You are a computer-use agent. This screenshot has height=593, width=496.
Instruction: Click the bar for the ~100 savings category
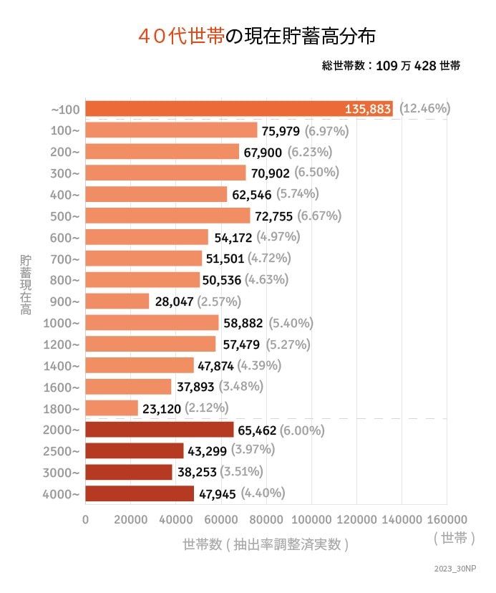coord(215,109)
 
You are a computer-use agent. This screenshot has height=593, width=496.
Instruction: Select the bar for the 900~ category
coord(117,302)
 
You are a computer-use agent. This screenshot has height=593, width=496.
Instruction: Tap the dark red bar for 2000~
coord(160,430)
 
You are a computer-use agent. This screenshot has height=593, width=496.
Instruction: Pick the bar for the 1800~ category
coord(112,408)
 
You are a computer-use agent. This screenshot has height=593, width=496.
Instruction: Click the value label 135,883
coord(368,109)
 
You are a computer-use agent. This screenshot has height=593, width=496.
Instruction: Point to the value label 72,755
coord(274,216)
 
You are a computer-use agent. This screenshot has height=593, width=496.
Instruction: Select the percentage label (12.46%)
coord(425,109)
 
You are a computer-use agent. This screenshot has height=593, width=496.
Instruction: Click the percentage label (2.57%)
coord(219,302)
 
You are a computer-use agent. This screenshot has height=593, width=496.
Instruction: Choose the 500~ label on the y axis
coord(65,216)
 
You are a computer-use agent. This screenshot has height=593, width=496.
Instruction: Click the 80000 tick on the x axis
coord(266,519)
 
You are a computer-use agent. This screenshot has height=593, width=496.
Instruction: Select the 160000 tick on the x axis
coord(447,519)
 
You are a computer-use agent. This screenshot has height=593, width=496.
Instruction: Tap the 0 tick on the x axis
coord(86,519)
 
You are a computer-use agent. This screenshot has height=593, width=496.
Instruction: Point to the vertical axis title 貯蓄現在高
coord(26,284)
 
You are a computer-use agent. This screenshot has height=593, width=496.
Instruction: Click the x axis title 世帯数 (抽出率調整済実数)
coord(266,544)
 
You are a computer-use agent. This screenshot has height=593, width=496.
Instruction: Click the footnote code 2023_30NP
coord(454,569)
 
